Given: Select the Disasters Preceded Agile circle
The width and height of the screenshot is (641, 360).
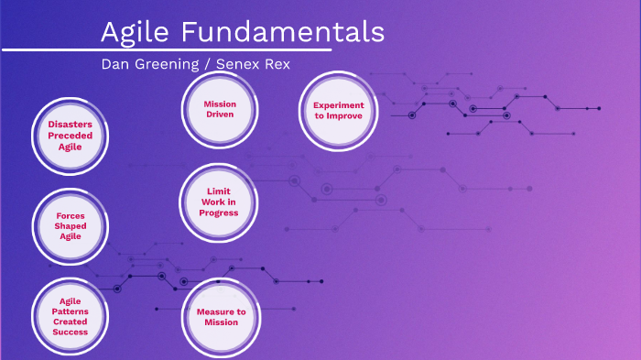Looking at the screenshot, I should click(x=71, y=136).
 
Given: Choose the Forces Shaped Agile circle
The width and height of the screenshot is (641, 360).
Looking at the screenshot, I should click(x=71, y=225).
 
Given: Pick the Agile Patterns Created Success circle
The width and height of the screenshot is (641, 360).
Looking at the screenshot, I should click(x=71, y=316).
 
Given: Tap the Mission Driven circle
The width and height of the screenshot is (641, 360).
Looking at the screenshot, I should click(x=220, y=110).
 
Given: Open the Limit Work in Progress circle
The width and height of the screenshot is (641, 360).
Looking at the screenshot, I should click(x=220, y=202).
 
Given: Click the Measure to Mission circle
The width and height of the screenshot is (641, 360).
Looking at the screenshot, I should click(x=221, y=317).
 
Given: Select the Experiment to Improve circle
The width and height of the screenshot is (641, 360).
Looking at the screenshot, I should click(x=338, y=111).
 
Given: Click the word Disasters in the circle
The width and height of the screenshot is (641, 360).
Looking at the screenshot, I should click(x=71, y=124).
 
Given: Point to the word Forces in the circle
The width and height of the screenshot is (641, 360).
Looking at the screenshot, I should click(x=71, y=216).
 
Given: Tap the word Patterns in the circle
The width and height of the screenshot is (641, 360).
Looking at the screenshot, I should click(x=71, y=311).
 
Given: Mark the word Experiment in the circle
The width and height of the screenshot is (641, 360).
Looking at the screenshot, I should click(x=338, y=105).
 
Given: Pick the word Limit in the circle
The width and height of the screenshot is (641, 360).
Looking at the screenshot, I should click(x=220, y=191).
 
